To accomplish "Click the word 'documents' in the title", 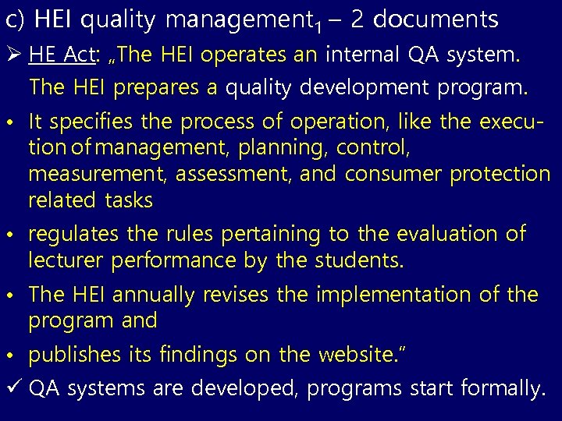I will [x=436, y=19].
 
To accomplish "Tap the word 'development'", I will [x=368, y=88].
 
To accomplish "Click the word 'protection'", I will [x=499, y=173].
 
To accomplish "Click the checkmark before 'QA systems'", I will [x=15, y=388].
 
